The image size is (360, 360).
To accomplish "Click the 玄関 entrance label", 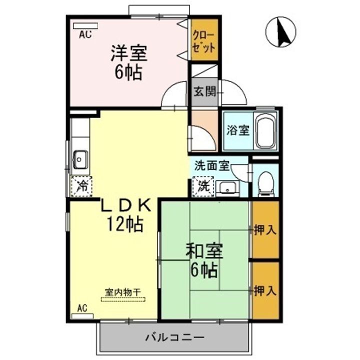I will point(204,92).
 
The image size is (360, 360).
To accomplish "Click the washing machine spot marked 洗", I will point(203,187).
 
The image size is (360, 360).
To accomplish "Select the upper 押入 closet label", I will point(264,230).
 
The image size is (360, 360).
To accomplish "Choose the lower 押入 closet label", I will point(264,290).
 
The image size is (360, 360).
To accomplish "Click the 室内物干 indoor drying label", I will point(123,291).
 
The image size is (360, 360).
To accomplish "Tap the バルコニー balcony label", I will point(174,337).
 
